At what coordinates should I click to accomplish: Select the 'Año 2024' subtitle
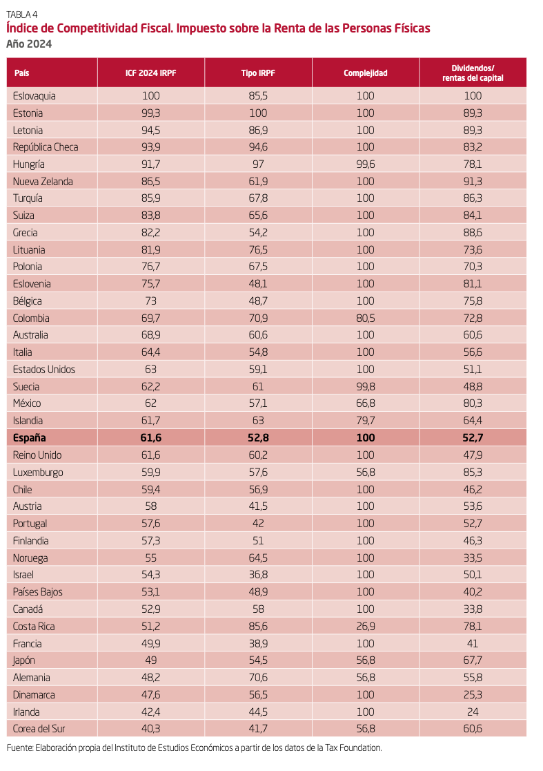28,44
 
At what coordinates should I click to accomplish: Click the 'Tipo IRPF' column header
258,73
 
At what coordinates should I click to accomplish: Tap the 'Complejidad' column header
366,73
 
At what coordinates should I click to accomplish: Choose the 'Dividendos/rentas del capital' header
473,73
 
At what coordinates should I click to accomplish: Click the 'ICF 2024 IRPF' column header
150,73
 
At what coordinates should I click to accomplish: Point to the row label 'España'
30,437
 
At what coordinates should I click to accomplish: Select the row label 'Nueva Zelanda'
42,181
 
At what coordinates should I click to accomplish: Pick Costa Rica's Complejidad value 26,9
366,626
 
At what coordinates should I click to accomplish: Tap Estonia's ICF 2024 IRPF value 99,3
150,113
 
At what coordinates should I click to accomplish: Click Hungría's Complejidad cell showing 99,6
366,164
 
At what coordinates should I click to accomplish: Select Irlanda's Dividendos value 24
473,712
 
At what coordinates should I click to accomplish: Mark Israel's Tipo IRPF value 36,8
258,574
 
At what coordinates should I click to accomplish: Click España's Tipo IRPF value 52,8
258,437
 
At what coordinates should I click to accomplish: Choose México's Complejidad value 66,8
366,403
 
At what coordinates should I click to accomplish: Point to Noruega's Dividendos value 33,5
473,558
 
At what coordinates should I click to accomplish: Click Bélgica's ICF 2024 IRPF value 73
150,301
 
